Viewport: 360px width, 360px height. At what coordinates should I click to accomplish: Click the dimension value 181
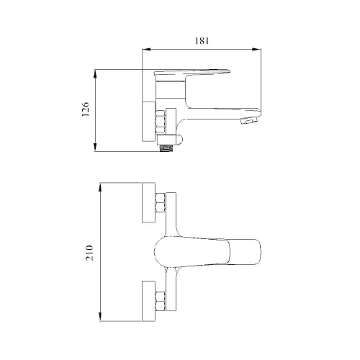click(202, 41)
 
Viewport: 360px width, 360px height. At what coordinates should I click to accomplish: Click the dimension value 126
click(86, 109)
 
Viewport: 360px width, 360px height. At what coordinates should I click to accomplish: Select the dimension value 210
click(89, 253)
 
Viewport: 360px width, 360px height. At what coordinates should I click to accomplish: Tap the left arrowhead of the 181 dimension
click(146, 50)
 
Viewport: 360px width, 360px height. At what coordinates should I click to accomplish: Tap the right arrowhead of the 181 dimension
click(257, 50)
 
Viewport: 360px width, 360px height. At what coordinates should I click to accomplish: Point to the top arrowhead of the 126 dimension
click(95, 74)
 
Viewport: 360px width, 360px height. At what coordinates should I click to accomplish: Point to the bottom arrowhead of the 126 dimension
click(95, 147)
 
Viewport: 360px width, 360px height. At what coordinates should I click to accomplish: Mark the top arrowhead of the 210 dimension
click(101, 187)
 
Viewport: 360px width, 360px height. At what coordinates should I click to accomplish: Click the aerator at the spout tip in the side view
click(250, 120)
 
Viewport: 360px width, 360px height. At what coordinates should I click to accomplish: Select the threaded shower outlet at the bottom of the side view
click(166, 148)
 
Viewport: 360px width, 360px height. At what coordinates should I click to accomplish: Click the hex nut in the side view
click(161, 122)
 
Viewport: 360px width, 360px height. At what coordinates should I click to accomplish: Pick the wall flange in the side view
click(149, 121)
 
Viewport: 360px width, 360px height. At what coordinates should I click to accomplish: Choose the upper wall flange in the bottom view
click(149, 202)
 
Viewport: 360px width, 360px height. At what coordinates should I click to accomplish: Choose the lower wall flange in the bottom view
click(149, 301)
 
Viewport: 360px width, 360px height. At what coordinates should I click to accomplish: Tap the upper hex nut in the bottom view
click(161, 203)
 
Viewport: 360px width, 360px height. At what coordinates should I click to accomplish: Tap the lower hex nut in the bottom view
click(161, 301)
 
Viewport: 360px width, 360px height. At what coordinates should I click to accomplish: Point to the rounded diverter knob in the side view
click(178, 140)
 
